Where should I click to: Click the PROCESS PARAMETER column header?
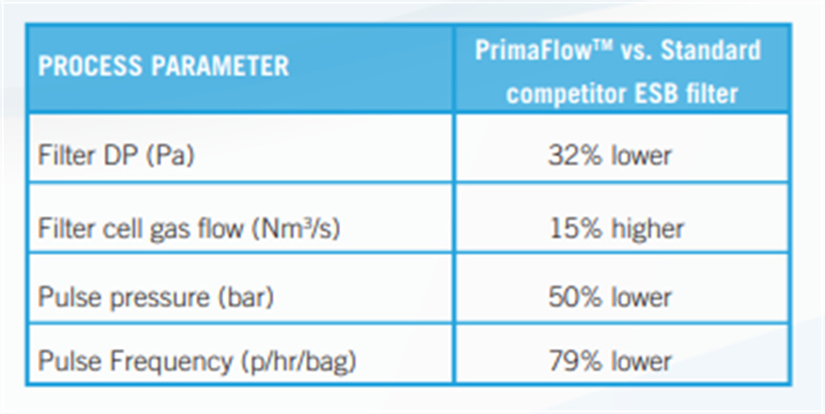(163, 66)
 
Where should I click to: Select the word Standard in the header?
(711, 50)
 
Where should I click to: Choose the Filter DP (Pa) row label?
(116, 155)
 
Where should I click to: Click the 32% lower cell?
(610, 155)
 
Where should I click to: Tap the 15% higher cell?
(616, 228)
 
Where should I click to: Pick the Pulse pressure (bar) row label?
(156, 297)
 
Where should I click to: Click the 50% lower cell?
(610, 298)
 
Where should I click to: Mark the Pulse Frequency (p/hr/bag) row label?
(198, 362)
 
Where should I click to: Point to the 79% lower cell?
(610, 362)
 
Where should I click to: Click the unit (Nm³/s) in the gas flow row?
(296, 228)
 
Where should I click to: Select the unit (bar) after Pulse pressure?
(246, 298)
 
